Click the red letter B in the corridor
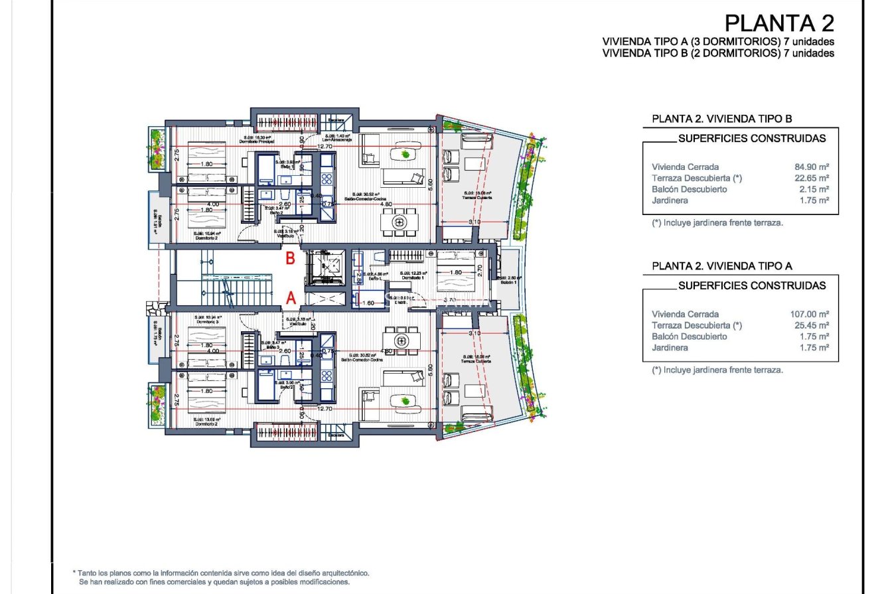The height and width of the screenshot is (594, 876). pyautogui.click(x=290, y=259)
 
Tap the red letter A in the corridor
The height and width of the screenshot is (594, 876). pyautogui.click(x=290, y=300)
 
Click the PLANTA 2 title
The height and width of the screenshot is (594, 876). pyautogui.click(x=779, y=23)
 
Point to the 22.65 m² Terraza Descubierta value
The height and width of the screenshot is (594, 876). pyautogui.click(x=810, y=179)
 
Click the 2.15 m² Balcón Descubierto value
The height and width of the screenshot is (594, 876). pyautogui.click(x=812, y=190)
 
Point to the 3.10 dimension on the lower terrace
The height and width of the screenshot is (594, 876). pyautogui.click(x=474, y=333)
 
